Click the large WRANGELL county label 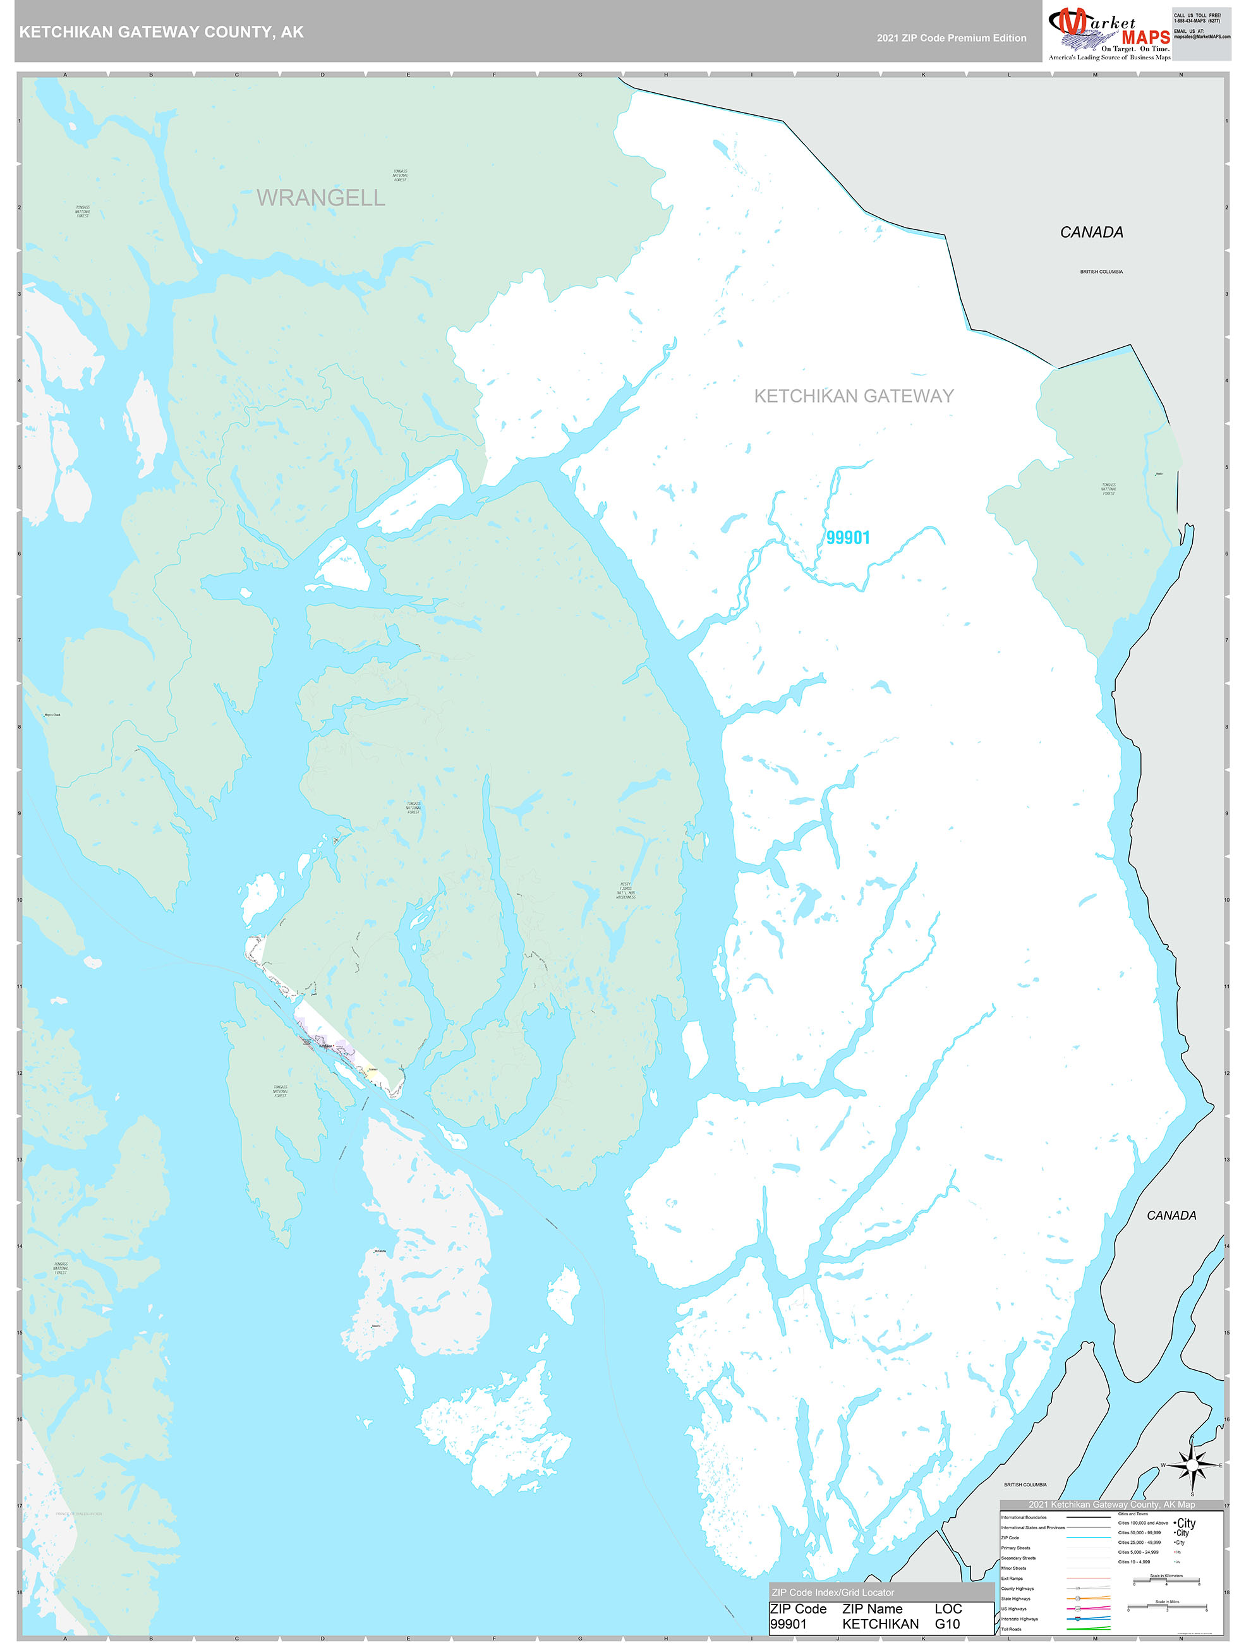pos(320,198)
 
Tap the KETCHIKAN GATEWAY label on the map pos(854,396)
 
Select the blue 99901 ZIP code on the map pos(847,538)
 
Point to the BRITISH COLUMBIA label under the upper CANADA pos(1101,272)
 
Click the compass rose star pos(1192,1465)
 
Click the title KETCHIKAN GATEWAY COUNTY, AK pos(161,32)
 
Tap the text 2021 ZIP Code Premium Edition pos(951,38)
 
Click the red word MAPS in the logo pos(1145,38)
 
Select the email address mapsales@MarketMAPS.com pos(1201,37)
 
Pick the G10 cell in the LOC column pos(947,1623)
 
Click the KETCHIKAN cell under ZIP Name pos(879,1623)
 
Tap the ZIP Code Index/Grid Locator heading pos(833,1592)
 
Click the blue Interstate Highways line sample pos(1088,1618)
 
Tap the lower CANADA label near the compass pos(1171,1216)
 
